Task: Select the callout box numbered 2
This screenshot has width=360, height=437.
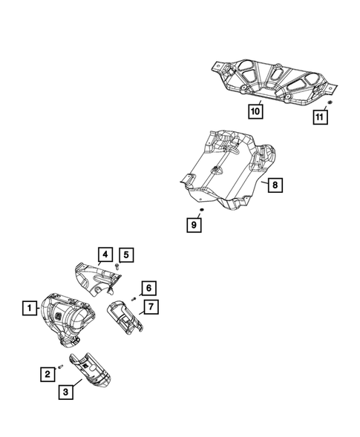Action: (46, 375)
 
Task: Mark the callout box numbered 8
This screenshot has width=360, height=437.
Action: (275, 185)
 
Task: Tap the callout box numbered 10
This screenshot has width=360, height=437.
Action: (255, 112)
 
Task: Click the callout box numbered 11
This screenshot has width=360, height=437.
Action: (320, 116)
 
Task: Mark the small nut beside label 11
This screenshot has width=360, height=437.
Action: (329, 102)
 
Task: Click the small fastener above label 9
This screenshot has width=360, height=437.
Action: (201, 211)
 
